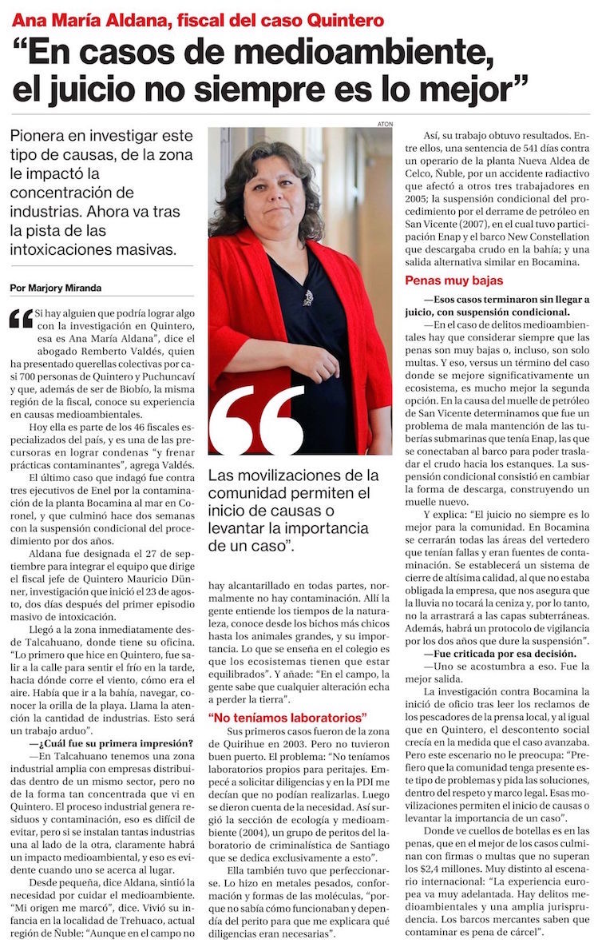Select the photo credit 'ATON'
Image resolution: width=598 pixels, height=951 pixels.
(385, 124)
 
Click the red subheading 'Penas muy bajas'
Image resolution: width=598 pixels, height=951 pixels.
(453, 281)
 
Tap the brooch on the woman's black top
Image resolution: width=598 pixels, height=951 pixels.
(307, 298)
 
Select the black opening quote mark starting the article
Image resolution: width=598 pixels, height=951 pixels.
(22, 319)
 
